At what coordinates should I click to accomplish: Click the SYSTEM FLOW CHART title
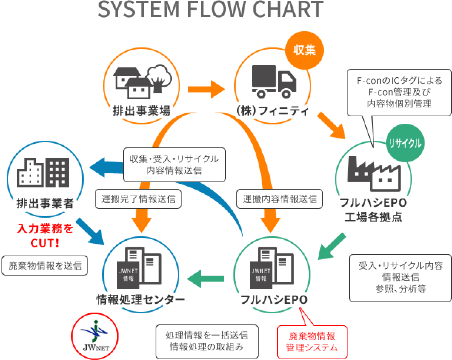pyautogui.click(x=210, y=10)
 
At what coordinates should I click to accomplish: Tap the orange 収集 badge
pyautogui.click(x=305, y=50)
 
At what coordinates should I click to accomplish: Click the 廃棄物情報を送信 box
pyautogui.click(x=45, y=265)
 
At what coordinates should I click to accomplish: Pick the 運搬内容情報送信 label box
pyautogui.click(x=280, y=199)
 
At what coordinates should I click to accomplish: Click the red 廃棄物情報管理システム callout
pyautogui.click(x=312, y=341)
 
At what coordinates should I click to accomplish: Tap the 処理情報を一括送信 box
pyautogui.click(x=207, y=341)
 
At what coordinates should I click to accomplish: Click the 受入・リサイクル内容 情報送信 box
pyautogui.click(x=401, y=277)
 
